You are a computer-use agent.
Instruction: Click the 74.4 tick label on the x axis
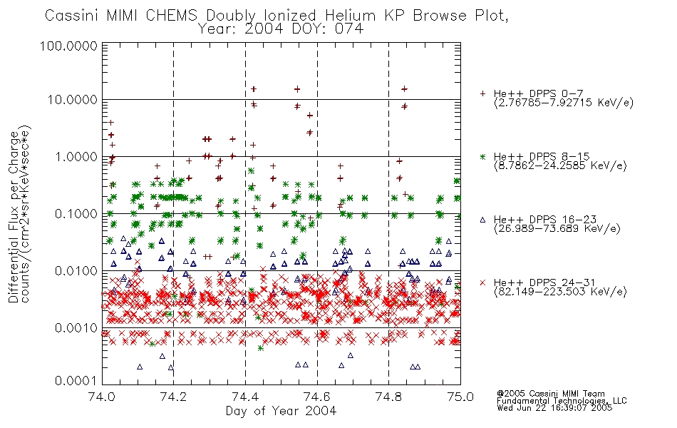pyautogui.click(x=245, y=397)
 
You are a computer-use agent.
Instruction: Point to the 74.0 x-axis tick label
pyautogui.click(x=102, y=397)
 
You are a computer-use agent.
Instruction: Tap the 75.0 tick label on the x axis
pyautogui.click(x=460, y=397)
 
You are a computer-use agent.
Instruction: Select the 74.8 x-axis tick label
pyautogui.click(x=388, y=397)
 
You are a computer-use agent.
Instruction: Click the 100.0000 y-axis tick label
pyautogui.click(x=69, y=46)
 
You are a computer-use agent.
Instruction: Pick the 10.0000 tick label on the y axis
pyautogui.click(x=73, y=100)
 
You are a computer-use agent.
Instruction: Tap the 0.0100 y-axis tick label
pyautogui.click(x=76, y=271)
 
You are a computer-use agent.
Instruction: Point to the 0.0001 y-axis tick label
pyautogui.click(x=76, y=381)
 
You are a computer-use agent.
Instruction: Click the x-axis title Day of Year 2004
pyautogui.click(x=281, y=411)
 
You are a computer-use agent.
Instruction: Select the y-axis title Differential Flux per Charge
pyautogui.click(x=14, y=217)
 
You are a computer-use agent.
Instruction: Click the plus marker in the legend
pyautogui.click(x=482, y=93)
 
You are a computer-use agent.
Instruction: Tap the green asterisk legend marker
pyautogui.click(x=482, y=156)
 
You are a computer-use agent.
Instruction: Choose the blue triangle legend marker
pyautogui.click(x=482, y=220)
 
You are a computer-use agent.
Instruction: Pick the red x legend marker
pyautogui.click(x=482, y=282)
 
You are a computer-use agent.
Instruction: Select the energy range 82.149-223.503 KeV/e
pyautogui.click(x=560, y=292)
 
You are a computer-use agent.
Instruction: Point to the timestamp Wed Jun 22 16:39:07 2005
pyautogui.click(x=554, y=408)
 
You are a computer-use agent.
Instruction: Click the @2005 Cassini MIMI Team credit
pyautogui.click(x=550, y=394)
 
